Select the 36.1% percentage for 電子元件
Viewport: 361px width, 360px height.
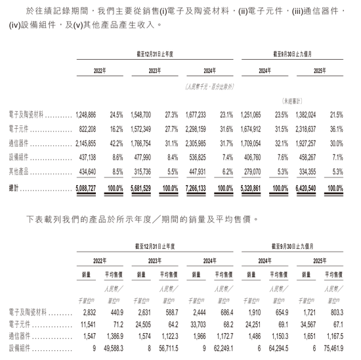(335, 129)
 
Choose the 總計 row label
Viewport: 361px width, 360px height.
(14, 188)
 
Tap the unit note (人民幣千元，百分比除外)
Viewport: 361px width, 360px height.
(209, 86)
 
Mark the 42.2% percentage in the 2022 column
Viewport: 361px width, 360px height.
(116, 144)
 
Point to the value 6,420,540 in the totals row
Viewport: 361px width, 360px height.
(307, 188)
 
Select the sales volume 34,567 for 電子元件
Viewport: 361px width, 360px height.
(307, 324)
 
